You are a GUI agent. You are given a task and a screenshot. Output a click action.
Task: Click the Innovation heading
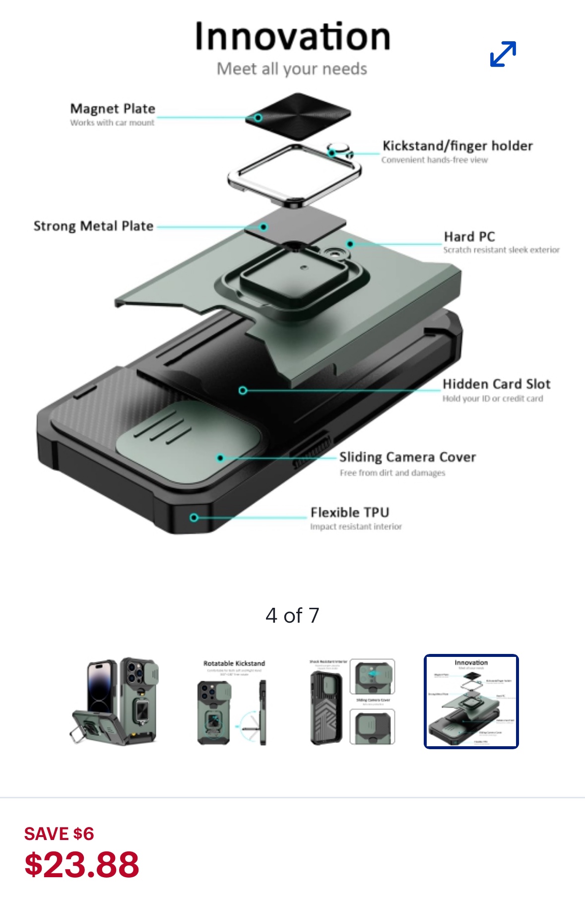pos(292,37)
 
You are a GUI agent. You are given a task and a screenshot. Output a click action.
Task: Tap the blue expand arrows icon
pos(503,54)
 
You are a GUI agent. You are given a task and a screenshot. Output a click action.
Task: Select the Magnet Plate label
pos(113,109)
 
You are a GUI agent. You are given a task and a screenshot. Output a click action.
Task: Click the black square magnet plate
pos(298,115)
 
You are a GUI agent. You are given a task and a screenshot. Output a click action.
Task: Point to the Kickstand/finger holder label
pos(457,146)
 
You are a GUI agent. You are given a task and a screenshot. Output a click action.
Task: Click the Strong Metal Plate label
pos(93,226)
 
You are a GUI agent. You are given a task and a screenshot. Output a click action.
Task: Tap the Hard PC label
pos(469,237)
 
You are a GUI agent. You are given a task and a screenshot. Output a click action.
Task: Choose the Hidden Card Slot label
pos(496,384)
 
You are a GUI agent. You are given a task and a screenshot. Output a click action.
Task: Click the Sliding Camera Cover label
pos(407,457)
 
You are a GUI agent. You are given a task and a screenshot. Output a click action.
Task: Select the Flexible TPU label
pos(350,512)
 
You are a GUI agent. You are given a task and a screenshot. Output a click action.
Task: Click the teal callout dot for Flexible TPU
pos(194,517)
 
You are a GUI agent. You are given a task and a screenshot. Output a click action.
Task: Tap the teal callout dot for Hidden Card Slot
pos(243,390)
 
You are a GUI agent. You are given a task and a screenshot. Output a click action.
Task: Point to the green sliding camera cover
pos(189,437)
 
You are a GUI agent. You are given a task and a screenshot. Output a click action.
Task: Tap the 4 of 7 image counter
pos(292,616)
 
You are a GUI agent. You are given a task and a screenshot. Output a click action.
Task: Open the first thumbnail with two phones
pos(114,701)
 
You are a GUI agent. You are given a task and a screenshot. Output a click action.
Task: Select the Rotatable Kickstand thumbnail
pos(234,701)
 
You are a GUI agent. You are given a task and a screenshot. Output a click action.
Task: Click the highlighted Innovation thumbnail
pos(471,701)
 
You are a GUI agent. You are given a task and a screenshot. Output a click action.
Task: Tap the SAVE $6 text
pos(59,834)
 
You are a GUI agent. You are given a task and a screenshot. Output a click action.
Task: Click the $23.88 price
pos(82,864)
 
